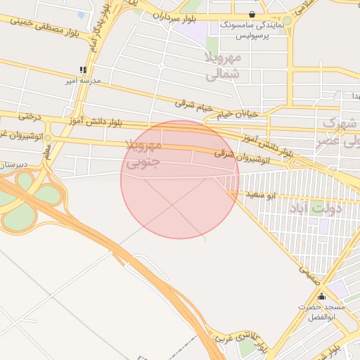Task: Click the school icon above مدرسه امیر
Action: point(84,70)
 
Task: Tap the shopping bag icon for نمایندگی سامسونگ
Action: point(252,14)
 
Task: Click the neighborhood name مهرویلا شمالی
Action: point(223,64)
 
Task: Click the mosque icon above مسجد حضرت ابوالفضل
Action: point(322,297)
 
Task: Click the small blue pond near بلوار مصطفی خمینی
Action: point(81,15)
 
